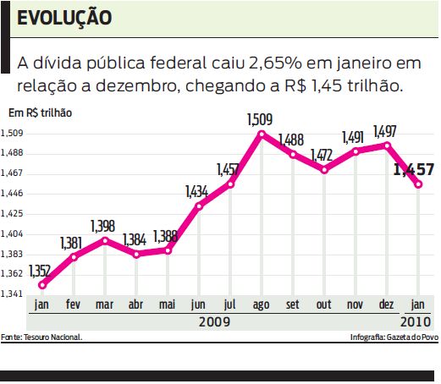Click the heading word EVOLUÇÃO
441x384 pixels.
(x=64, y=18)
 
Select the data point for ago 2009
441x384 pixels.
(x=262, y=134)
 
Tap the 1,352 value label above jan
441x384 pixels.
(x=39, y=272)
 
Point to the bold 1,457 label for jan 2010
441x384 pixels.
(x=414, y=170)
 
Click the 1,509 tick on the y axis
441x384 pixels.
(x=12, y=133)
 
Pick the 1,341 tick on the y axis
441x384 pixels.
(x=12, y=294)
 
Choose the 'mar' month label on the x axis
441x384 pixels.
(x=104, y=304)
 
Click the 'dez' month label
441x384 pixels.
(x=386, y=304)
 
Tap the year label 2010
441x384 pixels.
(x=415, y=321)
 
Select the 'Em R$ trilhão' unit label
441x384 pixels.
(x=40, y=112)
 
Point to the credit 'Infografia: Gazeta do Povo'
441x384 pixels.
(x=394, y=337)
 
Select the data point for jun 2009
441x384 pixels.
(x=200, y=206)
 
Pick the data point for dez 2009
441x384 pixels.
(x=387, y=145)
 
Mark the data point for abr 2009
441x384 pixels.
(x=136, y=254)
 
